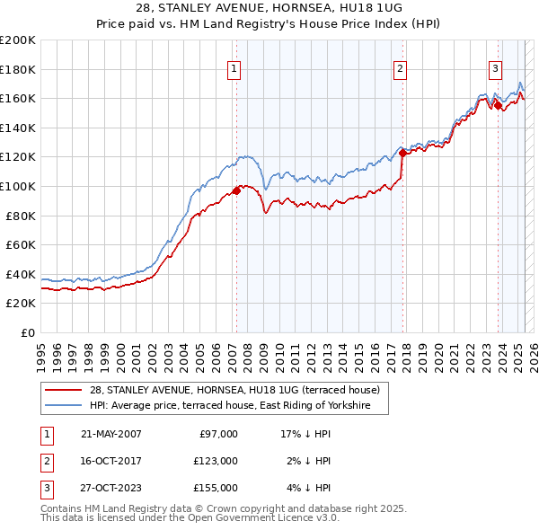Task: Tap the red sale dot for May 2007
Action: click(x=237, y=190)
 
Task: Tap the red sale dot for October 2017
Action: click(x=402, y=153)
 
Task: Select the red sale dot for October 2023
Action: click(x=498, y=106)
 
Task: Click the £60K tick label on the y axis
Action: click(x=21, y=244)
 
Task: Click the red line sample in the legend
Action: click(x=64, y=390)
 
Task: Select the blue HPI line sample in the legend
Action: click(x=64, y=406)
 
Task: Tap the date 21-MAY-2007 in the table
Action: click(x=111, y=434)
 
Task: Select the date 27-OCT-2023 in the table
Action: click(x=111, y=488)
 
